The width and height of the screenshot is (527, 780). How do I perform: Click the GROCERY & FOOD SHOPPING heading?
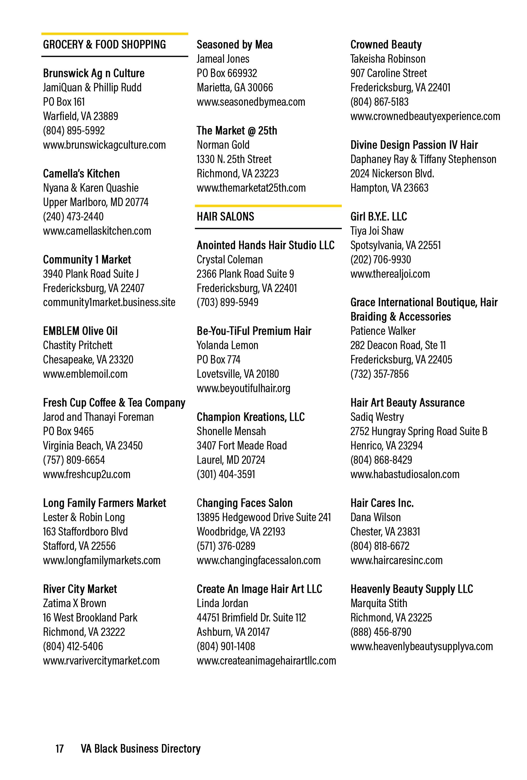click(x=104, y=45)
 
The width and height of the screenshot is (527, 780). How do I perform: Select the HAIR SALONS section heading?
click(x=225, y=216)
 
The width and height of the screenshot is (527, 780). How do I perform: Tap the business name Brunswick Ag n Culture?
click(x=94, y=73)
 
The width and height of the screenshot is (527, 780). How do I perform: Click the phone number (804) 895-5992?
click(x=74, y=130)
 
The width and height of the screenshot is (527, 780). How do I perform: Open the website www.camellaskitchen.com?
click(x=97, y=231)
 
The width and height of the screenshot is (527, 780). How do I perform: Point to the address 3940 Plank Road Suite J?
click(x=91, y=274)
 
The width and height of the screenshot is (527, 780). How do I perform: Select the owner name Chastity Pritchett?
click(x=78, y=345)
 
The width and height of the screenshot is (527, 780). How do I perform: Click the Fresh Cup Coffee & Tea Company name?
click(x=114, y=403)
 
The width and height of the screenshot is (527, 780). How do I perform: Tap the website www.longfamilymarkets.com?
click(x=101, y=560)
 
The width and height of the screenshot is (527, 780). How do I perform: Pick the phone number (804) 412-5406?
click(x=73, y=646)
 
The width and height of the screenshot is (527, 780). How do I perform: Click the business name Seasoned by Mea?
click(x=234, y=45)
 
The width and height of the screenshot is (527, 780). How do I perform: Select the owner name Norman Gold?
click(x=223, y=145)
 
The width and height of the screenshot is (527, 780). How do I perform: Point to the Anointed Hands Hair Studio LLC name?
click(x=265, y=245)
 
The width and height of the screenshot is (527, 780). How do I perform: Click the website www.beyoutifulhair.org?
click(x=243, y=388)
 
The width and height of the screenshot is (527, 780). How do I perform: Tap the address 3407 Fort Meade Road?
click(x=242, y=446)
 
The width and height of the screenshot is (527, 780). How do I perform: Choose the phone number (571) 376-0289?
click(x=226, y=546)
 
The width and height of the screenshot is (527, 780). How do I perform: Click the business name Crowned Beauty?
click(x=386, y=45)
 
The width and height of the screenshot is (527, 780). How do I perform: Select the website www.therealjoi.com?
click(x=390, y=274)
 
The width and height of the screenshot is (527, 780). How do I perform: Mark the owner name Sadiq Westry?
click(x=377, y=417)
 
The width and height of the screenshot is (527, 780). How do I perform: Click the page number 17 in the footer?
click(x=59, y=749)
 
